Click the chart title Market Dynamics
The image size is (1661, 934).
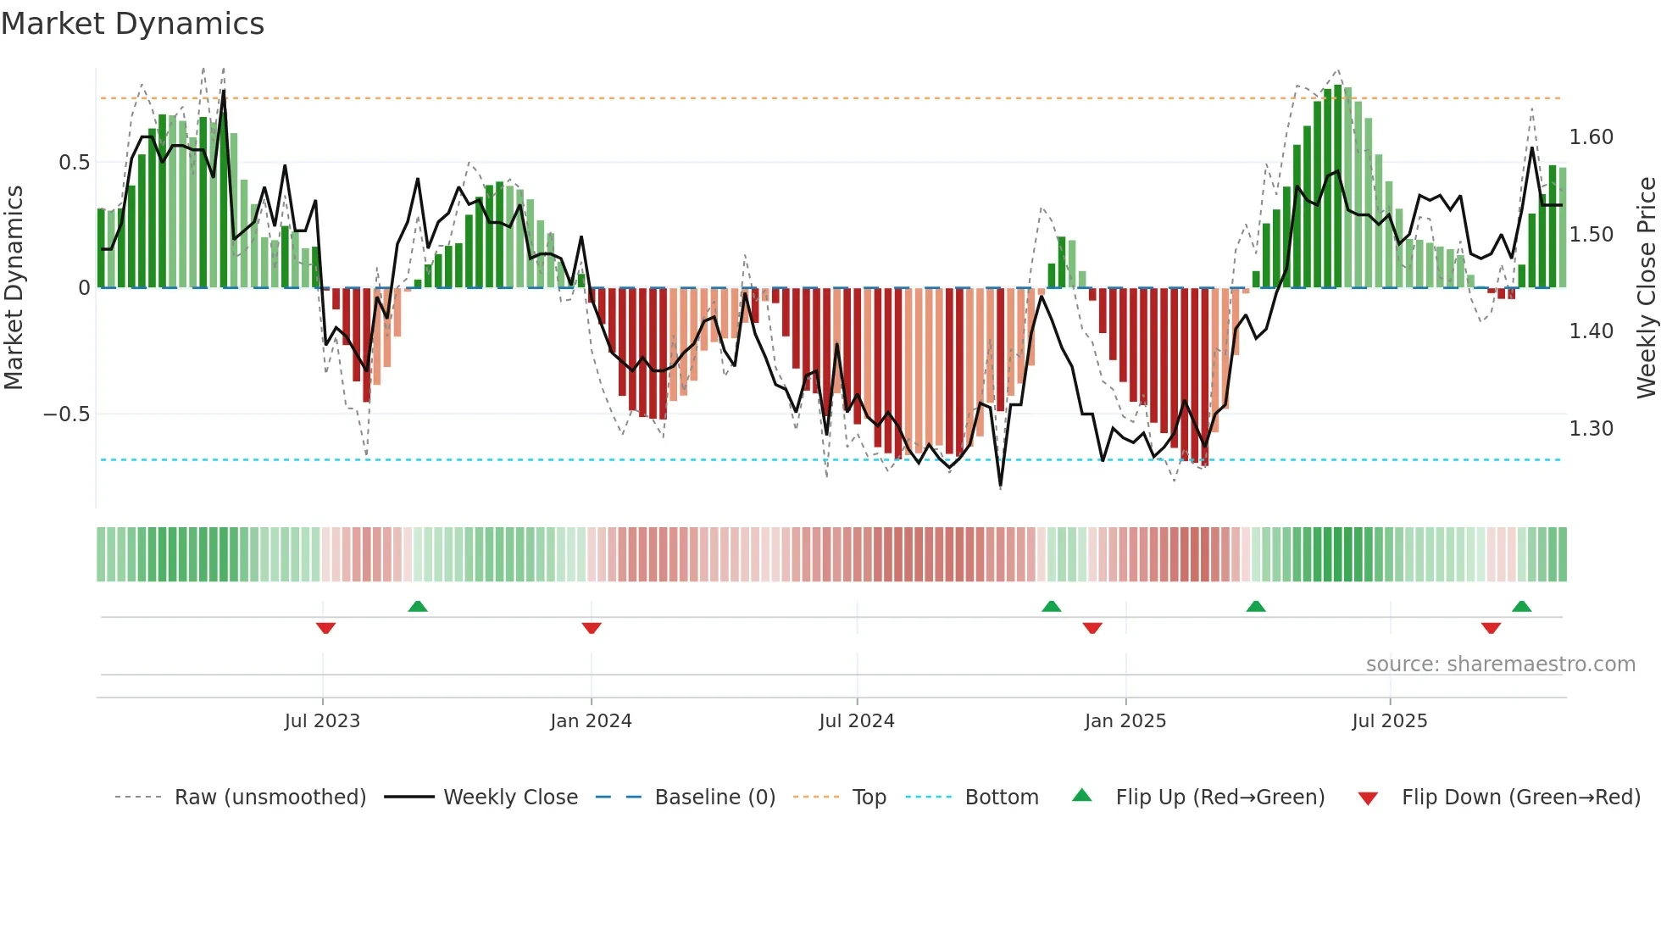click(x=132, y=24)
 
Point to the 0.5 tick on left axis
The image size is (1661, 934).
click(x=74, y=163)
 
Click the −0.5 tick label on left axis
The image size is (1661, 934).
click(x=67, y=414)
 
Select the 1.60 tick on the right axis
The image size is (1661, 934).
click(x=1591, y=137)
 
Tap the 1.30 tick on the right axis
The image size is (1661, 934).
click(x=1591, y=429)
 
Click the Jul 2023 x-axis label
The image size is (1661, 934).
click(x=322, y=721)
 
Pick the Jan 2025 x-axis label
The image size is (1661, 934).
click(x=1125, y=721)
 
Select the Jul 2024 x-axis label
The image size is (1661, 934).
click(x=856, y=721)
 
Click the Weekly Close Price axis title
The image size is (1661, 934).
click(x=1646, y=287)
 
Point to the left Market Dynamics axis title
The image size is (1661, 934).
click(x=14, y=287)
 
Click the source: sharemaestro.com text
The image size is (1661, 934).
click(x=1500, y=664)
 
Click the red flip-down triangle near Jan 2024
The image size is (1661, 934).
click(x=592, y=628)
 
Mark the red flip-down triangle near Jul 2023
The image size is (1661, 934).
click(x=325, y=628)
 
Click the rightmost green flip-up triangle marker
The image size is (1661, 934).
click(x=1521, y=606)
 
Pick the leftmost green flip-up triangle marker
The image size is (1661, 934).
click(x=418, y=606)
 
